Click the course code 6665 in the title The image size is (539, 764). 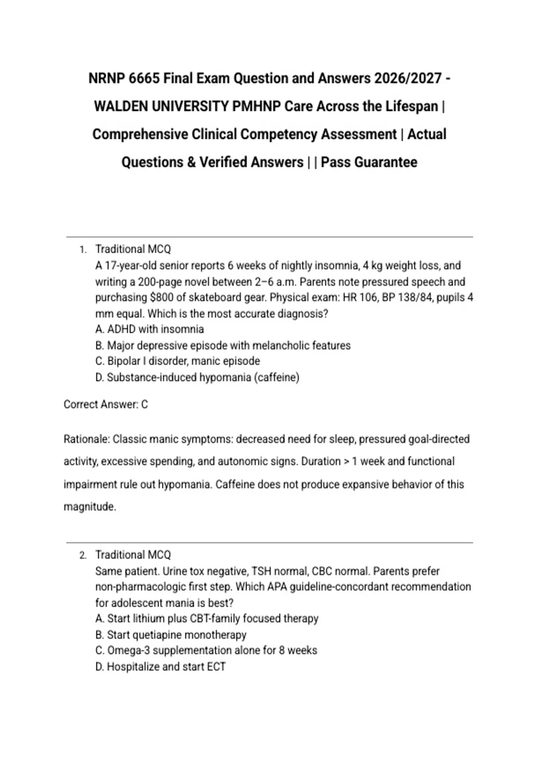point(144,79)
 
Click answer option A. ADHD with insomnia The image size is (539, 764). point(150,329)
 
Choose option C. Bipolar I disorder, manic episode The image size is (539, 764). point(177,361)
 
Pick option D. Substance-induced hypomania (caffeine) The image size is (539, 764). point(197,378)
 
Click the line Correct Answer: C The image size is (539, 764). point(106,404)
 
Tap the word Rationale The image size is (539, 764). point(86,439)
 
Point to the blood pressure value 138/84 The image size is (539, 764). point(413,298)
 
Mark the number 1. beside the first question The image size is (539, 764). point(83,250)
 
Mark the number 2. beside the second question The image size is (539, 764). point(83,555)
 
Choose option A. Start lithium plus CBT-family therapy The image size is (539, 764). point(207,619)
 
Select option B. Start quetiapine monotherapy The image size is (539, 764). point(171,635)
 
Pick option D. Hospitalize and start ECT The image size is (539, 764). point(160,667)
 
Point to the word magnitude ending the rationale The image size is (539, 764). point(89,507)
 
